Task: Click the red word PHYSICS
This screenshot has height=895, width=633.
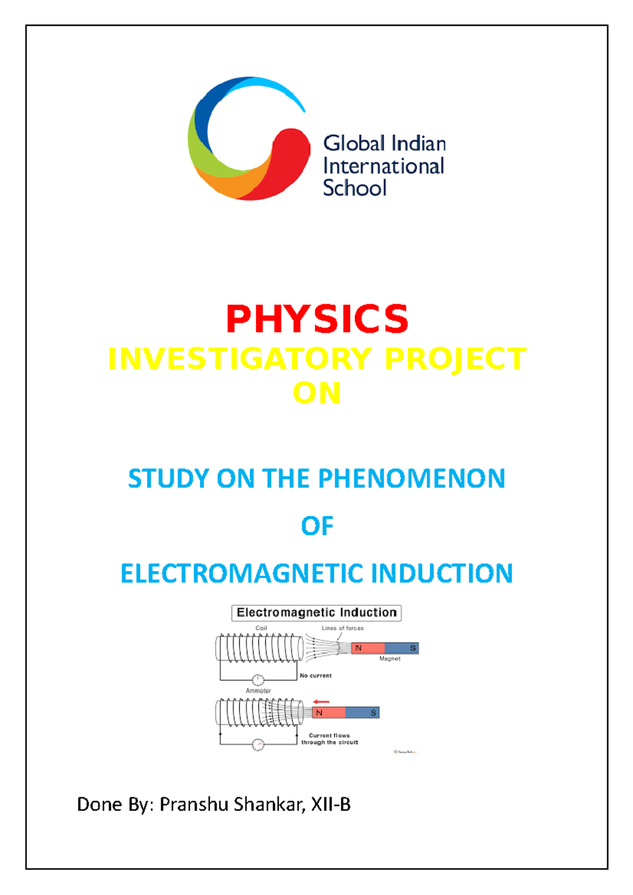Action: tap(316, 319)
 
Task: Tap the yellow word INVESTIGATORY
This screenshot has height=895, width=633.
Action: tap(240, 359)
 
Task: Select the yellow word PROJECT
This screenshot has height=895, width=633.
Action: tap(455, 359)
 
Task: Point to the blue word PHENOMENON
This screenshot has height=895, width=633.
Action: tap(411, 479)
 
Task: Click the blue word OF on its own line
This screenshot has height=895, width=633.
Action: tap(317, 526)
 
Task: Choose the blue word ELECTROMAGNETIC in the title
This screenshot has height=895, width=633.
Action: tap(242, 573)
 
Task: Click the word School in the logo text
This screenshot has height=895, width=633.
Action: tap(354, 188)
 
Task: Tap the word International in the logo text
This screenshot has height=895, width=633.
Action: tap(383, 166)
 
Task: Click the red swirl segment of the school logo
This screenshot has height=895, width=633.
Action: tap(285, 158)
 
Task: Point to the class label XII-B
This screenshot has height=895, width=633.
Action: tap(331, 805)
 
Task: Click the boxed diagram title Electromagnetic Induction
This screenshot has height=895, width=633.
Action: tap(316, 612)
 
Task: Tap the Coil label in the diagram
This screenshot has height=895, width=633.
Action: tap(261, 628)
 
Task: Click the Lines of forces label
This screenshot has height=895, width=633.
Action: tap(342, 628)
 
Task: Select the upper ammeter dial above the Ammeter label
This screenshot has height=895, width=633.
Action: tap(258, 680)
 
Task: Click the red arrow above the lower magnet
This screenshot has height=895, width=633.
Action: tap(321, 702)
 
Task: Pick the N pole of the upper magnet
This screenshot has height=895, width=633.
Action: tap(368, 648)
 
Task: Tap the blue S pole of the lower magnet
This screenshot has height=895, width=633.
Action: tap(363, 713)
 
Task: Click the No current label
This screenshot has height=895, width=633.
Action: tap(315, 676)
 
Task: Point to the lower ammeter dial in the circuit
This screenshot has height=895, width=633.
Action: tap(258, 745)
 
